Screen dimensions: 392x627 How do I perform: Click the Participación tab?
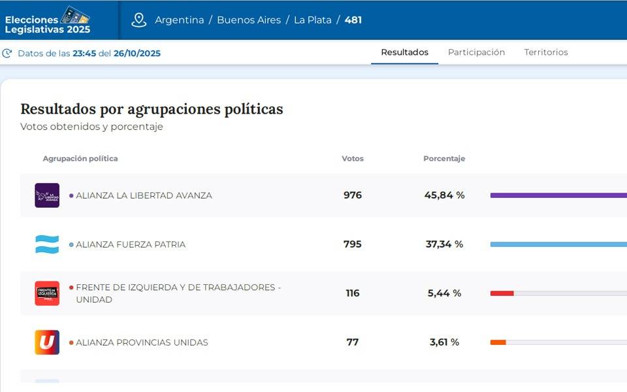pos(476,52)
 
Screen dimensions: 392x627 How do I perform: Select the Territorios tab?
pos(546,52)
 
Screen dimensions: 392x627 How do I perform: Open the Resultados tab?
pos(405,52)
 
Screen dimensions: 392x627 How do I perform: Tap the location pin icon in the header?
pos(138,20)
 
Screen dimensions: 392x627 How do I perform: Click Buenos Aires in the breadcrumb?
pos(249,20)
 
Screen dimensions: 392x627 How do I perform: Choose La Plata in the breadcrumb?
pos(312,20)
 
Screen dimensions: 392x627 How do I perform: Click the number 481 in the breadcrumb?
pos(353,20)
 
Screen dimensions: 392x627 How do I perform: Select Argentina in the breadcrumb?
pos(180,20)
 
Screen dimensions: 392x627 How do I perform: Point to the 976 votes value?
pos(353,195)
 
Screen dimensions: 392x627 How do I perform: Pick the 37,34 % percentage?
pos(445,244)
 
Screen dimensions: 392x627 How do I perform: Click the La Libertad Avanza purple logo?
pos(47,195)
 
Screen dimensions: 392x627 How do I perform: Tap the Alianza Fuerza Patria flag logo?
pos(47,244)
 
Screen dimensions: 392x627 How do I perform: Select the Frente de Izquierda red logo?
pos(47,293)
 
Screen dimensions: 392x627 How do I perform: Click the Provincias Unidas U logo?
pos(47,342)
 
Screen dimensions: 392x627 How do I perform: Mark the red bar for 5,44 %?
pos(502,293)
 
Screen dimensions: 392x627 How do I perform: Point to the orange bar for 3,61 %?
pos(498,342)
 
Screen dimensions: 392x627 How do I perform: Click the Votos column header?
pos(353,159)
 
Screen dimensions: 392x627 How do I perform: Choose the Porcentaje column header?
pos(444,159)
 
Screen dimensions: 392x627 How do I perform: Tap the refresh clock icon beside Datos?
pos(7,53)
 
